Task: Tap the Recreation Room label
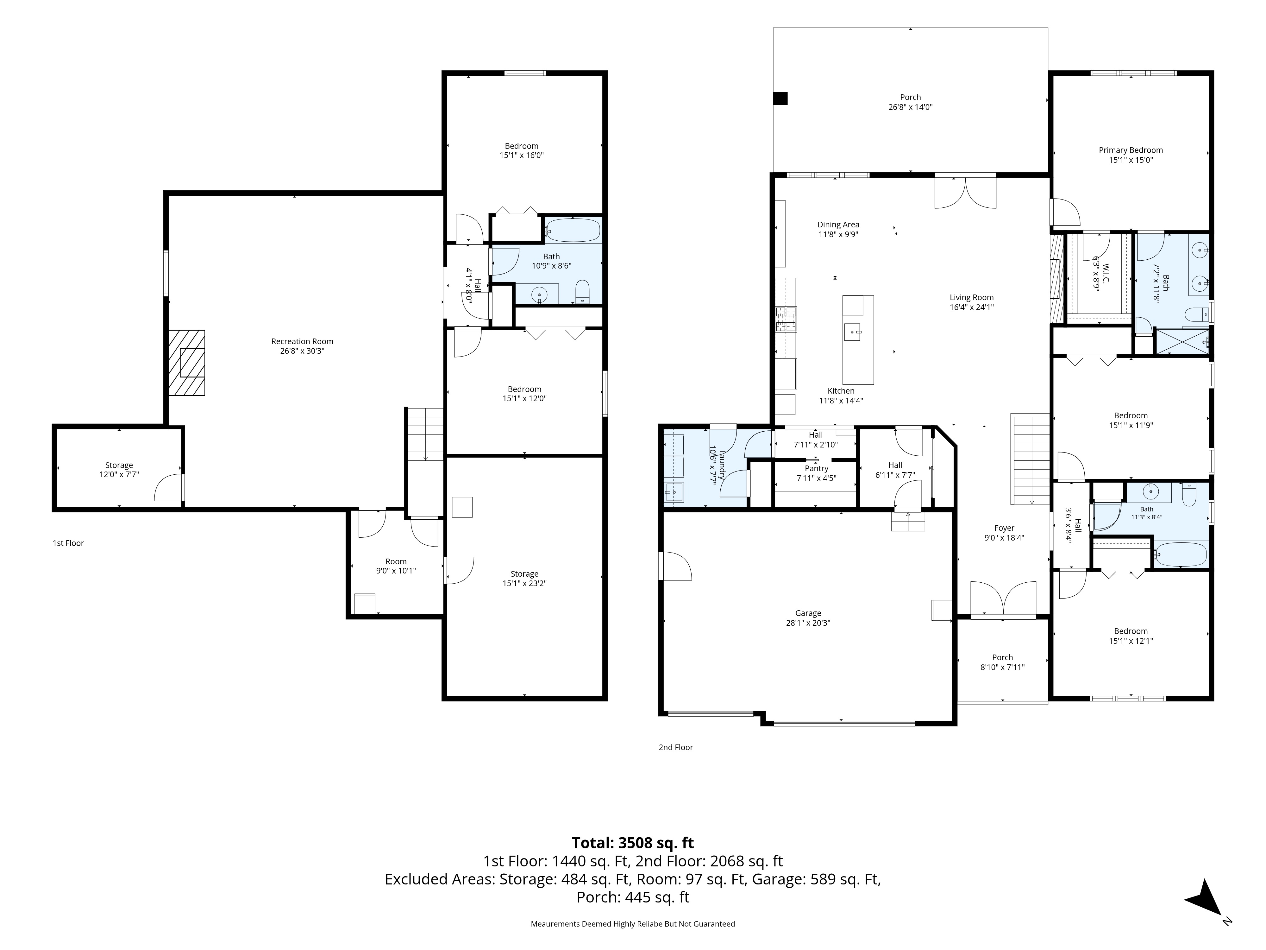tap(302, 341)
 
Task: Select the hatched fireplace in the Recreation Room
tap(187, 363)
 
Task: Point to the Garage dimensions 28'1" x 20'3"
tap(808, 623)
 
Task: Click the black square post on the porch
tap(780, 98)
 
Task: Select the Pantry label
tap(816, 468)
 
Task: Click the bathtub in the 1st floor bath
tap(572, 230)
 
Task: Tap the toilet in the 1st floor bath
tap(582, 291)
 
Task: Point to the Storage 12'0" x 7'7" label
tap(119, 470)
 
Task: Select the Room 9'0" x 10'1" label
tap(396, 566)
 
